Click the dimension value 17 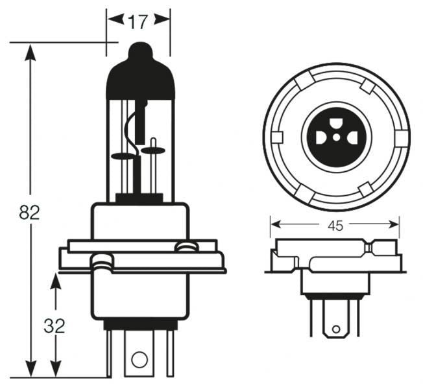137,23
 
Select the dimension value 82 29,213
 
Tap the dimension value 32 55,326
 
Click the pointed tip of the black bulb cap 140,46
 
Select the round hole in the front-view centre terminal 138,360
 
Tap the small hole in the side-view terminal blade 335,329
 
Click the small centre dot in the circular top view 336,137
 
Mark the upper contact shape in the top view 336,123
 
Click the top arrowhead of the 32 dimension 55,281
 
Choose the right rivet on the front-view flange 186,246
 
